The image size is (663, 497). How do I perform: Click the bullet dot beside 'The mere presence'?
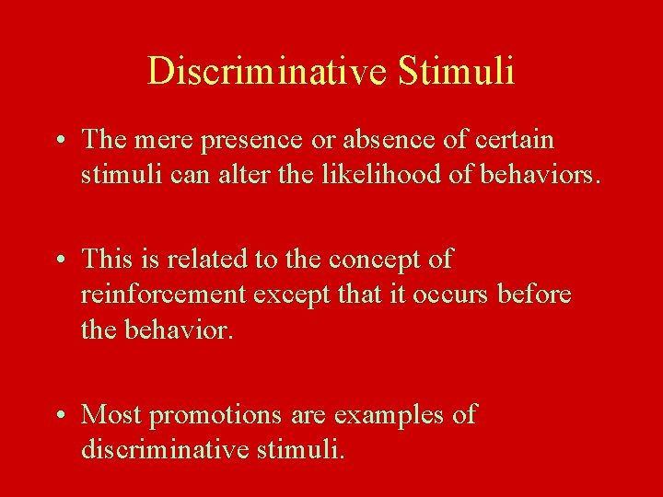click(x=58, y=141)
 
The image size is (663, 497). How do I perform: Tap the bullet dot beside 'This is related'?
click(x=58, y=260)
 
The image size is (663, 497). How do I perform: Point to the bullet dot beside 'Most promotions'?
click(x=58, y=415)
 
